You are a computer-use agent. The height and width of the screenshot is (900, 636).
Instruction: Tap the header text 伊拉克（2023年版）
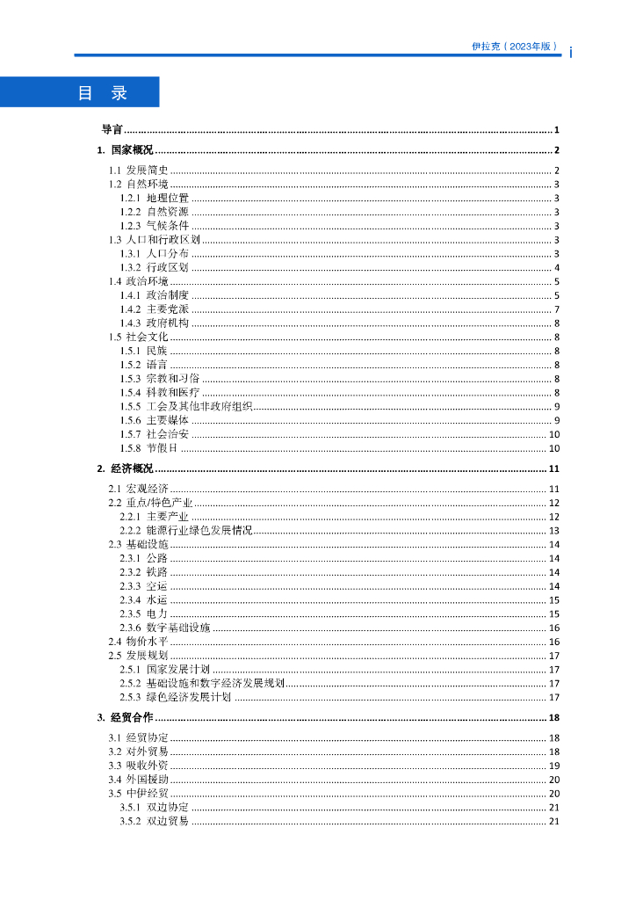(x=515, y=47)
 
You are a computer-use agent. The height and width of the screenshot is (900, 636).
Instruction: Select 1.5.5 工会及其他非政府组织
(x=186, y=406)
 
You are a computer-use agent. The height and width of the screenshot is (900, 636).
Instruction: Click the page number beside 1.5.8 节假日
(x=554, y=448)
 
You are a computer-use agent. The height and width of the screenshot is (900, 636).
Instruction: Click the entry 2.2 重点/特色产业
(x=150, y=503)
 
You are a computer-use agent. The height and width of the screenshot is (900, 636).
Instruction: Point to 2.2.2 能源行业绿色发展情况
(x=186, y=531)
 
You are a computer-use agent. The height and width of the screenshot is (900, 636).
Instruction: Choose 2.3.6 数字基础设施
(x=165, y=628)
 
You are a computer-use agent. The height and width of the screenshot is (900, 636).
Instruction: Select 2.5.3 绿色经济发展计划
(x=176, y=697)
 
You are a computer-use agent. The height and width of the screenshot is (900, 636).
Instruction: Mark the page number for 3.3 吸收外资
(x=554, y=766)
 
